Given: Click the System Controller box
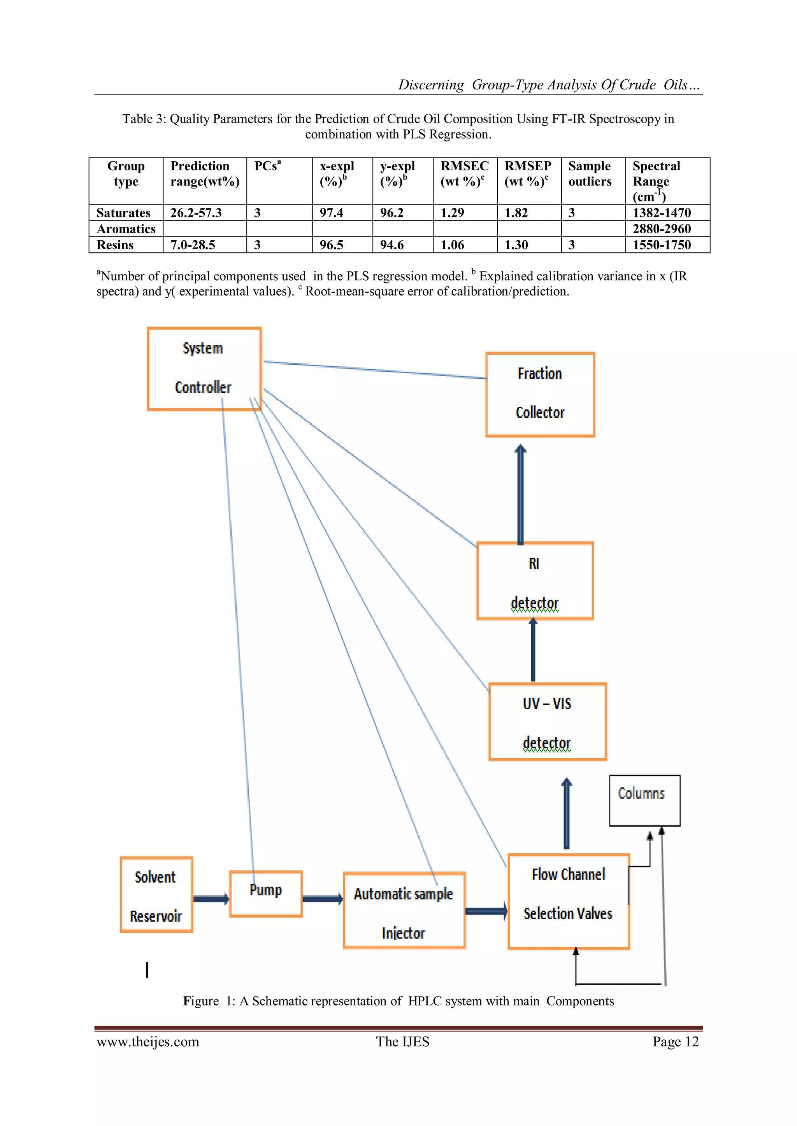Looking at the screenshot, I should point(204,368).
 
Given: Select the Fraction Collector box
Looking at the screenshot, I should point(540,394).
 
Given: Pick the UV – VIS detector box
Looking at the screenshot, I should point(547,721).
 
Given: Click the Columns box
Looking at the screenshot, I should point(644,800).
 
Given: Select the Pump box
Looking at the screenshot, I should point(265,893).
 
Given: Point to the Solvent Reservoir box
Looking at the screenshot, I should point(156,895).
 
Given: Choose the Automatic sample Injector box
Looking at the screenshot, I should point(404,910).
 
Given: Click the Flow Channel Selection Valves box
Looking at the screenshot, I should point(568,901).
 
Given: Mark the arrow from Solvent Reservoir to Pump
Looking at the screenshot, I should point(211,899).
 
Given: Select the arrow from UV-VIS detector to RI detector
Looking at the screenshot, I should point(533,650).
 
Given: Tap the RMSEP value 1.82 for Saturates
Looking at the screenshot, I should point(516,213).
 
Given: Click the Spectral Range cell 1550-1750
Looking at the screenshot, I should point(661,245).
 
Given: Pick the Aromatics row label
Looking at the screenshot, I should point(126,229).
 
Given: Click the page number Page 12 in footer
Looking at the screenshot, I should point(675,1042).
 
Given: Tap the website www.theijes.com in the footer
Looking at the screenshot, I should point(148,1042).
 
